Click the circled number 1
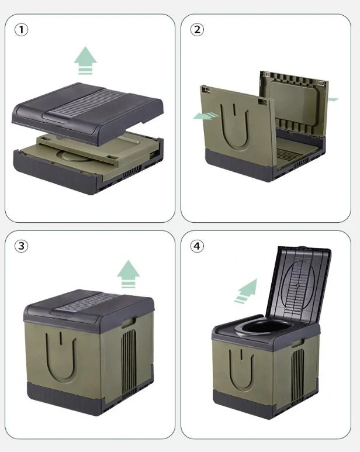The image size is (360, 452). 21,30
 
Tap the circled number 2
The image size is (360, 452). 197,29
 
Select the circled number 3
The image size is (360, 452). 21,246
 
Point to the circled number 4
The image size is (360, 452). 197,246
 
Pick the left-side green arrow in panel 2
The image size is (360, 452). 206,116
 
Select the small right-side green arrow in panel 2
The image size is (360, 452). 333,99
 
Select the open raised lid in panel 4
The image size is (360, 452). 298,285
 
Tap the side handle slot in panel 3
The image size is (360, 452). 129,322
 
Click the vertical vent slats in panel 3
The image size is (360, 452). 129,363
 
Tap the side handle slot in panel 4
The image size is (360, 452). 298,343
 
